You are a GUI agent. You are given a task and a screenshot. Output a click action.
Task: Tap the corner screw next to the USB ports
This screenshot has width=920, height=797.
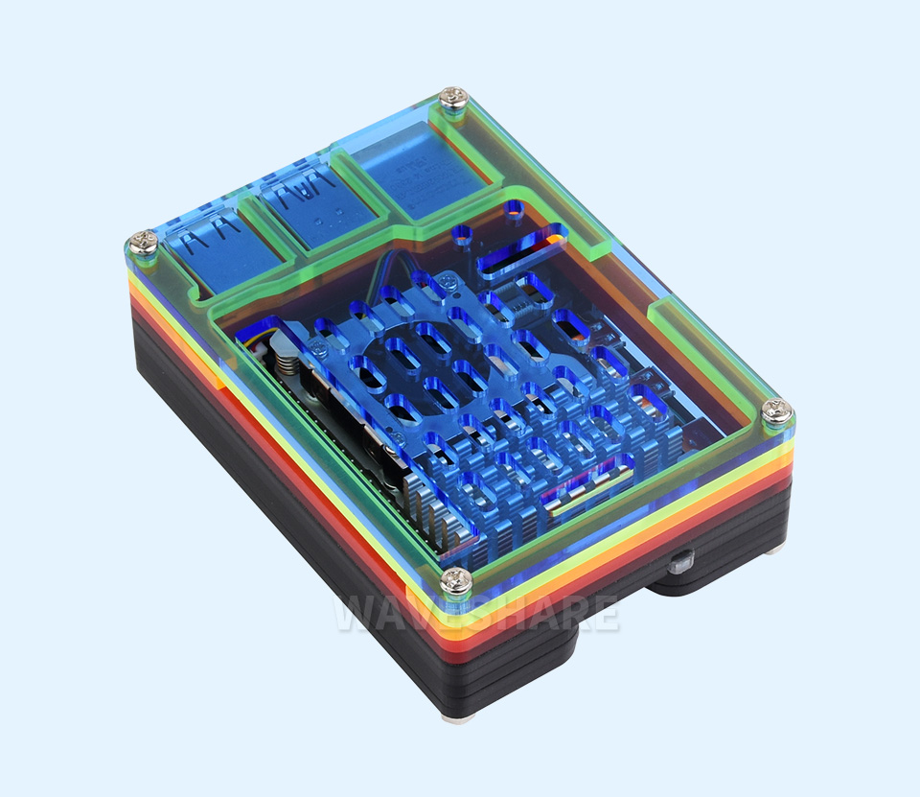(x=143, y=243)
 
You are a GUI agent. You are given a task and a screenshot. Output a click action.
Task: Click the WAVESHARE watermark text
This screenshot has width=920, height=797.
(x=476, y=614)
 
